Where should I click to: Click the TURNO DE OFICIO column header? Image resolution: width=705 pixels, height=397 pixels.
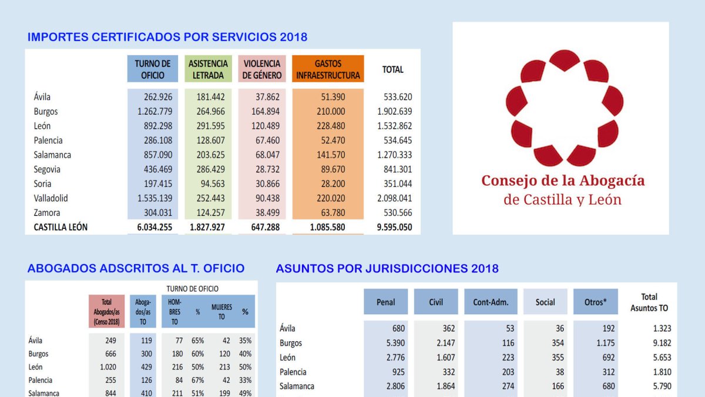(152, 69)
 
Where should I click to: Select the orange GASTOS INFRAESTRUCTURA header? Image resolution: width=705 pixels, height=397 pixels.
(328, 69)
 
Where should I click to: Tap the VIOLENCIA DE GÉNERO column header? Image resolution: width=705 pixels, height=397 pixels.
(262, 69)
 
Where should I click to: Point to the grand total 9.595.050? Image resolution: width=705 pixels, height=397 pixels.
(395, 227)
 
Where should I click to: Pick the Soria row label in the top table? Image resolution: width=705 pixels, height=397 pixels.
(42, 184)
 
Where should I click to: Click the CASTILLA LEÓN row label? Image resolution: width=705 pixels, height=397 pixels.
(61, 227)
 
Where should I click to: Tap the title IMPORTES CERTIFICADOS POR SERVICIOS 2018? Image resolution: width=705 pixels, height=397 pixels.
(167, 37)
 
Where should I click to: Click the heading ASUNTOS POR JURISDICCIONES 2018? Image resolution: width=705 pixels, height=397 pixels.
(387, 269)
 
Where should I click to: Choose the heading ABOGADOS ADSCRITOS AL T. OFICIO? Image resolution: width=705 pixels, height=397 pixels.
(136, 269)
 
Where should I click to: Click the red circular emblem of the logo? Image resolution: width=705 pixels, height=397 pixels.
(563, 108)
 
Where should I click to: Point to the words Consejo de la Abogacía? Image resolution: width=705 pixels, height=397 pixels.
(563, 181)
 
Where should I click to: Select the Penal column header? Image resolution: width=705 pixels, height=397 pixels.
(385, 302)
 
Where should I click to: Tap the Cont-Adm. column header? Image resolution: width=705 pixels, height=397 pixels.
(491, 302)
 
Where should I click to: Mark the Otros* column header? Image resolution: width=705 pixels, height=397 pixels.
(595, 302)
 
